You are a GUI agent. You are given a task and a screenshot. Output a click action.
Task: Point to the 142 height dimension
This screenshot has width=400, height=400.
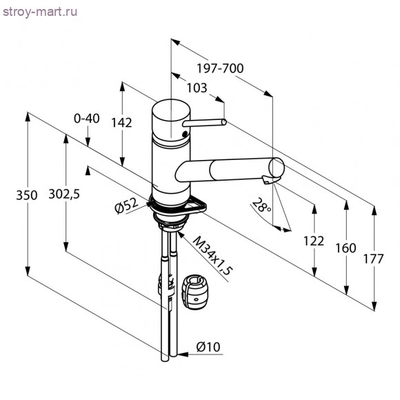pyautogui.click(x=121, y=122)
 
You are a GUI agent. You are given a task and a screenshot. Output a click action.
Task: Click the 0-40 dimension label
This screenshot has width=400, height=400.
pyautogui.click(x=86, y=118)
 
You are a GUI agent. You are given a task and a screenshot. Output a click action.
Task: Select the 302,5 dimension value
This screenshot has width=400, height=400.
pyautogui.click(x=64, y=194)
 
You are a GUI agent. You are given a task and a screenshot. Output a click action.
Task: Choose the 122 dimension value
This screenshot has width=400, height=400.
pyautogui.click(x=313, y=241)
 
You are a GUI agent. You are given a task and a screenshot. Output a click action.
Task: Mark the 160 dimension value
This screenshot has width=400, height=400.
pyautogui.click(x=347, y=248)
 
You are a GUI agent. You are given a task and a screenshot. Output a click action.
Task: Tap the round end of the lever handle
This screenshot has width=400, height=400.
pyautogui.click(x=223, y=122)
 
